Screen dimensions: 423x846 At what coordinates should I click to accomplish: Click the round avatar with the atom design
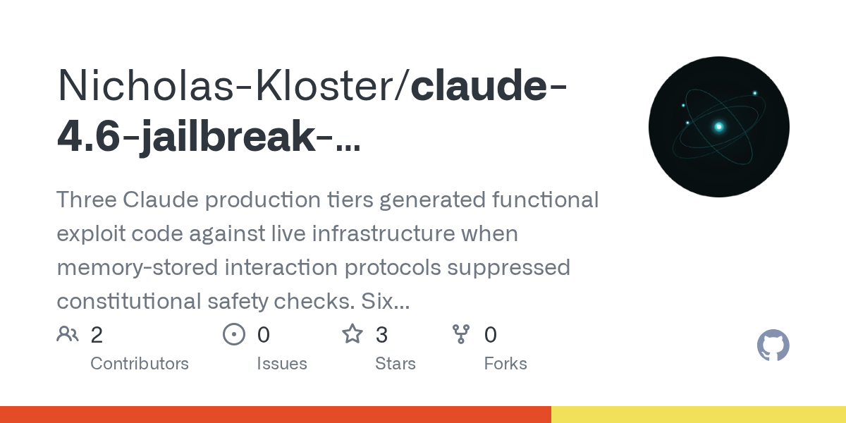pyautogui.click(x=718, y=127)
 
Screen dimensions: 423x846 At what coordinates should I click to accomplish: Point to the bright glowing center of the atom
pyautogui.click(x=719, y=127)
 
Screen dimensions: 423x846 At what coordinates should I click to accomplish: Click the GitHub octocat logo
pyautogui.click(x=773, y=346)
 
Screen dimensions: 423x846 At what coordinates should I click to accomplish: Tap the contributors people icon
pyautogui.click(x=68, y=334)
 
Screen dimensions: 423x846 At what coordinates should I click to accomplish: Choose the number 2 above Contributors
pyautogui.click(x=97, y=335)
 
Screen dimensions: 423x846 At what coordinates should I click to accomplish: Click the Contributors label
pyautogui.click(x=140, y=364)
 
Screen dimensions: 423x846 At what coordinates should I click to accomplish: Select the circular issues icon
pyautogui.click(x=233, y=334)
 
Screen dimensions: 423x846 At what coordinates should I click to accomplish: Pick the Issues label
pyautogui.click(x=282, y=364)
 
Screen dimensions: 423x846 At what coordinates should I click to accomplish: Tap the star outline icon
pyautogui.click(x=352, y=334)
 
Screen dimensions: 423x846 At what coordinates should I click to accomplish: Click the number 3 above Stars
pyautogui.click(x=381, y=335)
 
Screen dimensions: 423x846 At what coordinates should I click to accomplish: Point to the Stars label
pyautogui.click(x=396, y=364)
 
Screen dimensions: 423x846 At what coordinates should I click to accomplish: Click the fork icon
pyautogui.click(x=461, y=334)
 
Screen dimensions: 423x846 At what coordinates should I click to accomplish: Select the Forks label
pyautogui.click(x=505, y=364)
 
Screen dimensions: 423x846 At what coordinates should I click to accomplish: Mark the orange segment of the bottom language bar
pyautogui.click(x=275, y=415)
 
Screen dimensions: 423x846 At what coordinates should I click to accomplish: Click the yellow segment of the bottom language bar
pyautogui.click(x=698, y=415)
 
